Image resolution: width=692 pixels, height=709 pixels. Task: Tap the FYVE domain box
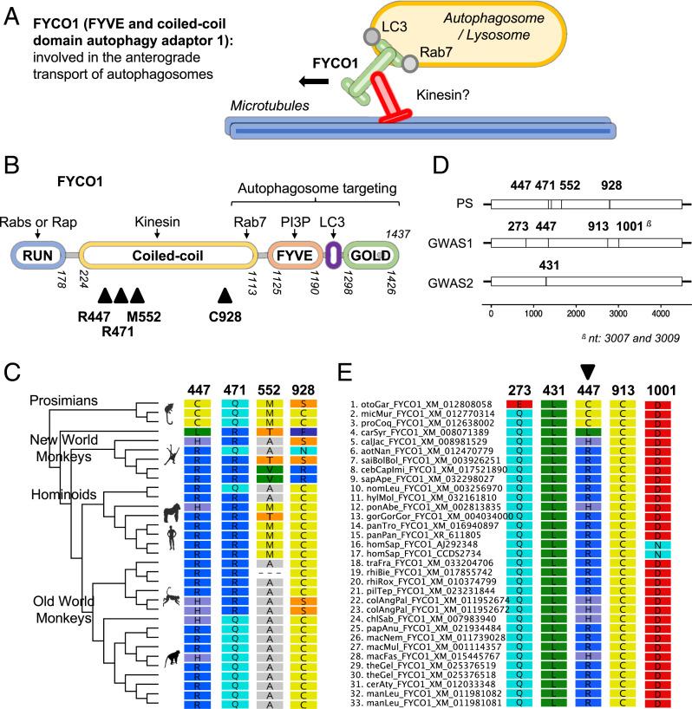292,255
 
